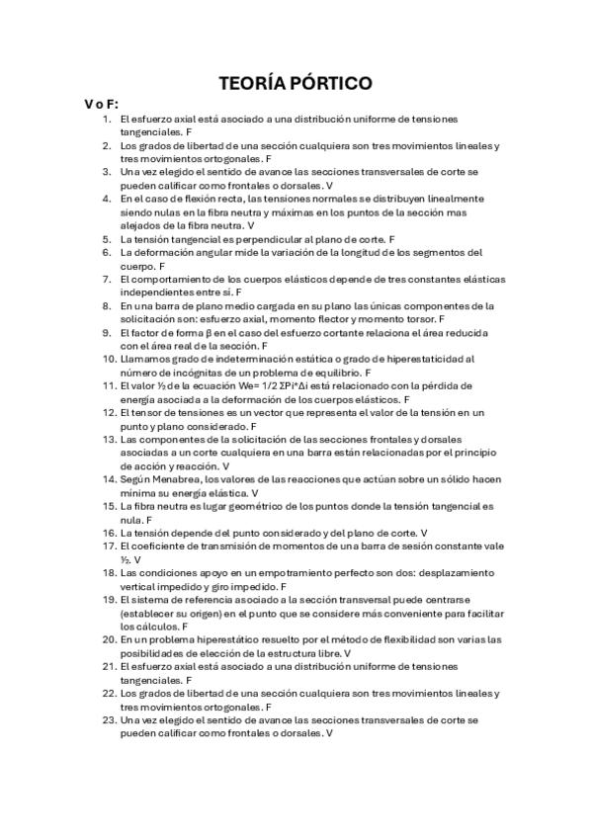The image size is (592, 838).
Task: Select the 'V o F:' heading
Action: pyautogui.click(x=102, y=104)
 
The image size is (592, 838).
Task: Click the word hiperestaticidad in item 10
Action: pyautogui.click(x=435, y=360)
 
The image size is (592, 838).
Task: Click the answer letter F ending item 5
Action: pyautogui.click(x=392, y=239)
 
